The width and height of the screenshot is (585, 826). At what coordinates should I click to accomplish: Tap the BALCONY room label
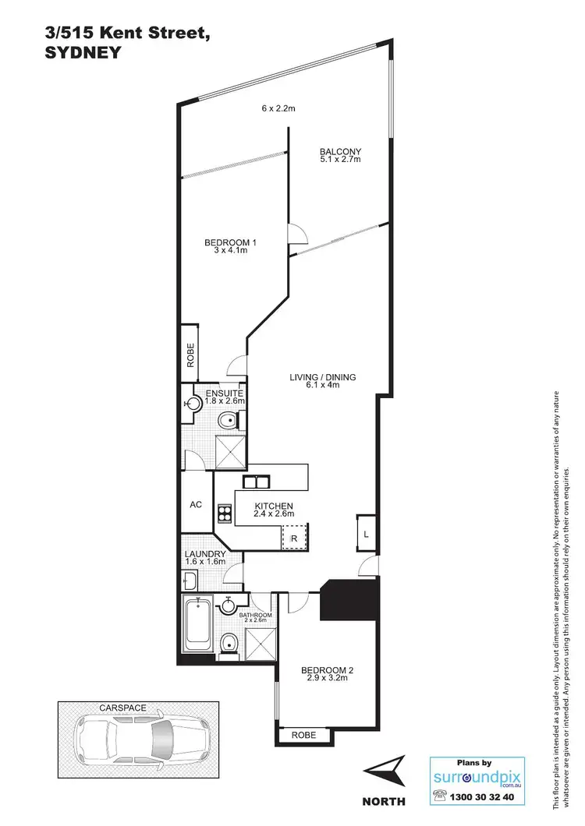(x=340, y=151)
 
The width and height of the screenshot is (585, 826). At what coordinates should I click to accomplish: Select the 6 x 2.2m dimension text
(x=278, y=108)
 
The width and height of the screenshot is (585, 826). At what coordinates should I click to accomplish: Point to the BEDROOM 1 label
(x=230, y=242)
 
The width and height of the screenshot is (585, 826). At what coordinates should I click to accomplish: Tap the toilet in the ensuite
(x=226, y=421)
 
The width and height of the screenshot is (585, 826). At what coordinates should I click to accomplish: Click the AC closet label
(x=196, y=504)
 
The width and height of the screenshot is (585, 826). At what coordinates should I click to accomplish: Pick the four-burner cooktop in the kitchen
(x=225, y=513)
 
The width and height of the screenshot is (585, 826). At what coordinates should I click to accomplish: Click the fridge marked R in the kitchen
(x=293, y=538)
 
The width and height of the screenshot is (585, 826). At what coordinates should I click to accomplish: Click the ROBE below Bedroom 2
(x=303, y=734)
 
